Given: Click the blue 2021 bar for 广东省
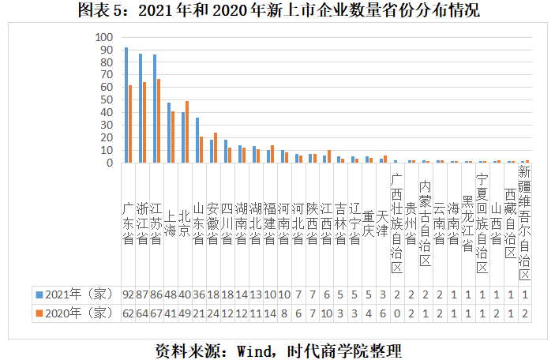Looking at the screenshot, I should [126, 105].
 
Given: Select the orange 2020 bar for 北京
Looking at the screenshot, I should [187, 132].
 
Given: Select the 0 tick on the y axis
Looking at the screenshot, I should [111, 163].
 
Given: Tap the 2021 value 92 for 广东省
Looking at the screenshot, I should [127, 294].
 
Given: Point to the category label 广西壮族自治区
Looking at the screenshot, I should [396, 223].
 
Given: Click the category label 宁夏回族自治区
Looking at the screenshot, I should [482, 223].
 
